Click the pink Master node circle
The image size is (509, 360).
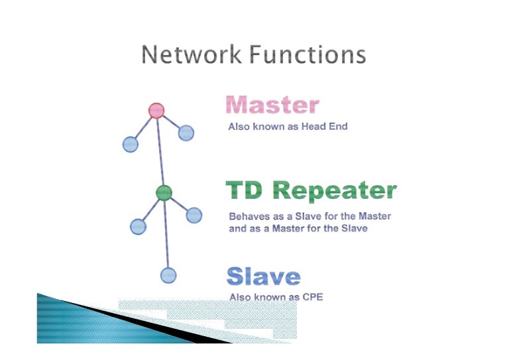pos(156,110)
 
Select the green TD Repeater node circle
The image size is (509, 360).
pos(164,193)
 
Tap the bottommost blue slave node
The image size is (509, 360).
pos(168,274)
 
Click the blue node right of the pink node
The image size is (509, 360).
pos(186,133)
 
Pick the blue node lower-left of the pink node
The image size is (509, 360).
pos(131,144)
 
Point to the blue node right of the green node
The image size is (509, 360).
pos(194,215)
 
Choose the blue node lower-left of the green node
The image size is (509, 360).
pos(138,226)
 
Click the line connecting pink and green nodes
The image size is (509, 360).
pos(160,152)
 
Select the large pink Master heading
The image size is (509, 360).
pos(272,105)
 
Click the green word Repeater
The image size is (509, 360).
pos(335,191)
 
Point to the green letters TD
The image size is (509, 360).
pos(246,191)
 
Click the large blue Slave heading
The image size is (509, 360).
pos(263,276)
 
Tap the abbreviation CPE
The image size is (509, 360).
pos(312,297)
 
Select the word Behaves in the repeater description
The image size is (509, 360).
pos(248,216)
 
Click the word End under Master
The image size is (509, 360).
pos(337,126)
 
